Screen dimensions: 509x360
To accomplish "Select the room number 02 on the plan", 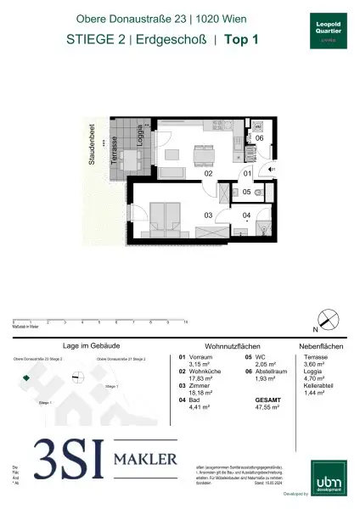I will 207,173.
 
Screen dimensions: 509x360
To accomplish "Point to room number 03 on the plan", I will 208,215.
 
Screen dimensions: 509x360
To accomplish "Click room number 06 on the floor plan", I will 260,138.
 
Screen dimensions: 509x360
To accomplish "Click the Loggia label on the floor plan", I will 150,138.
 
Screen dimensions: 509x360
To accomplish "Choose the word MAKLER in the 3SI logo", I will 146,459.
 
